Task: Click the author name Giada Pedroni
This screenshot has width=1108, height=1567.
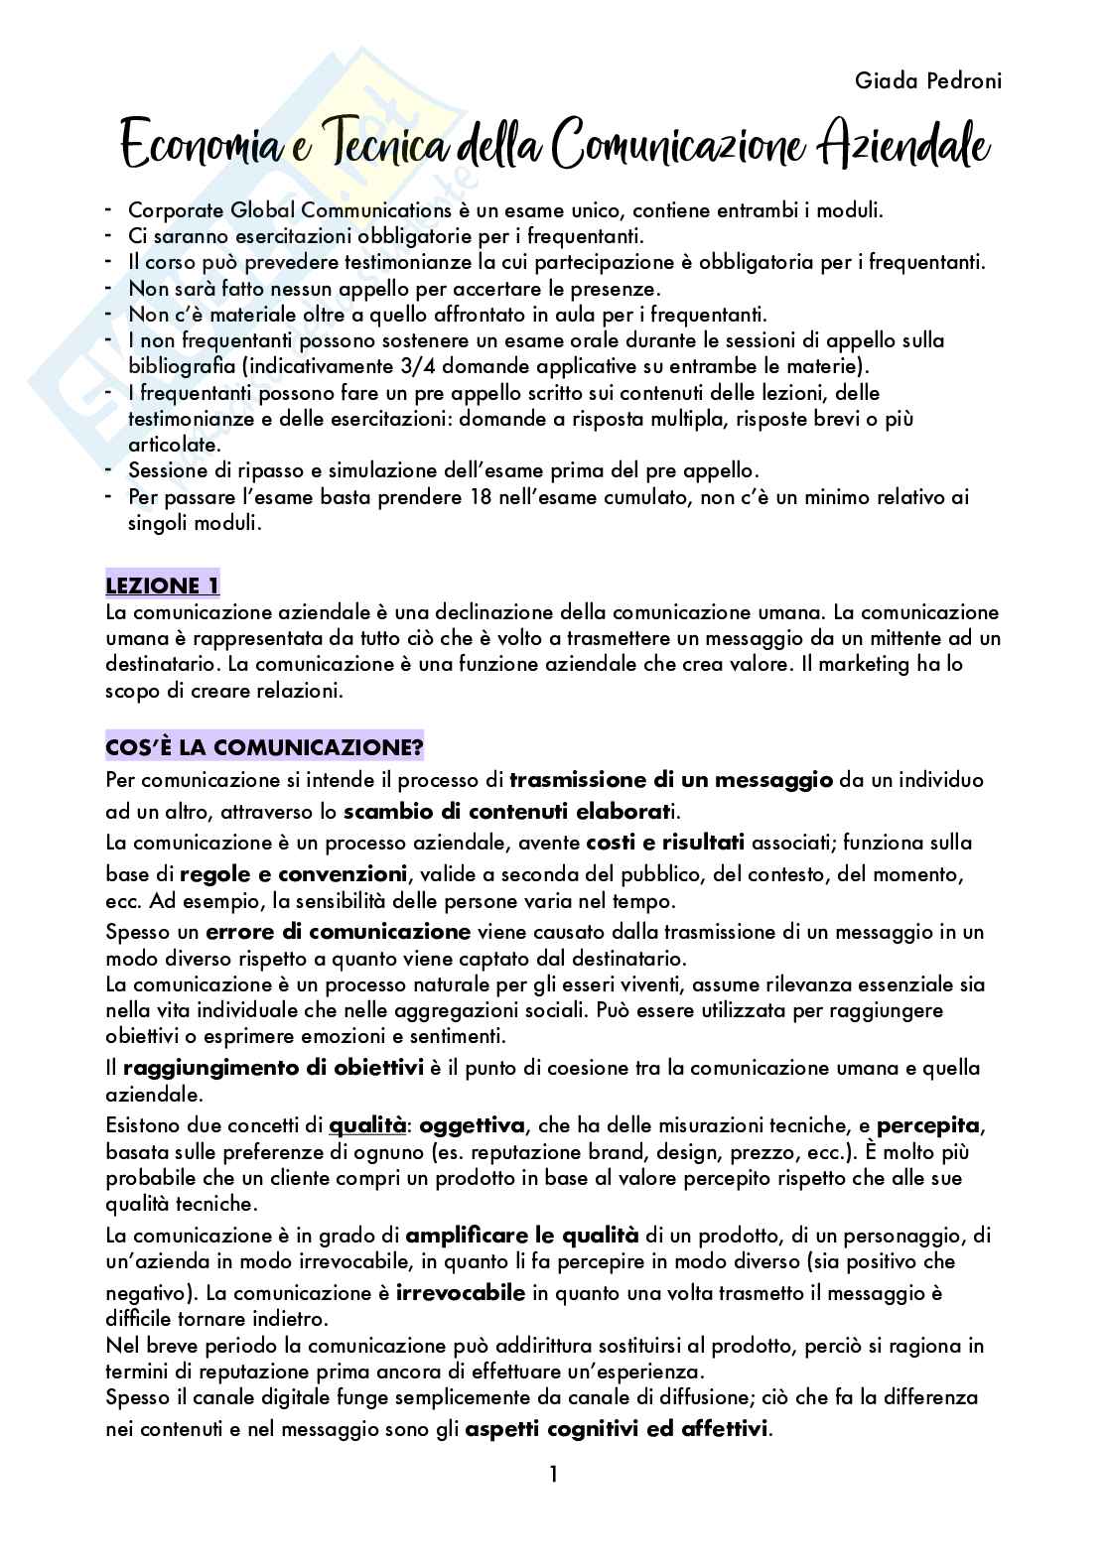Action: pyautogui.click(x=927, y=81)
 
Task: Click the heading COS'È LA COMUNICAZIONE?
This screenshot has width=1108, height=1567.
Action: pyautogui.click(x=264, y=745)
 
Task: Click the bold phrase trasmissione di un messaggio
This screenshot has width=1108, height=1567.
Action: pyautogui.click(x=670, y=779)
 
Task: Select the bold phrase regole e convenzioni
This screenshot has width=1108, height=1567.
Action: pyautogui.click(x=294, y=874)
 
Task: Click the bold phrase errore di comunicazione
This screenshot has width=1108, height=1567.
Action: pyautogui.click(x=338, y=932)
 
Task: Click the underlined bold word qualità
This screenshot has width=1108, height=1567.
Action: pyautogui.click(x=367, y=1125)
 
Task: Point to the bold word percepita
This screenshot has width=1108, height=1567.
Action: pyautogui.click(x=928, y=1125)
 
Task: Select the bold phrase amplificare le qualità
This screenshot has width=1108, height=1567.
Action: pyautogui.click(x=522, y=1236)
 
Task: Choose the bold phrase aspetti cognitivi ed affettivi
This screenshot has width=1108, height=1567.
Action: pyautogui.click(x=617, y=1430)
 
